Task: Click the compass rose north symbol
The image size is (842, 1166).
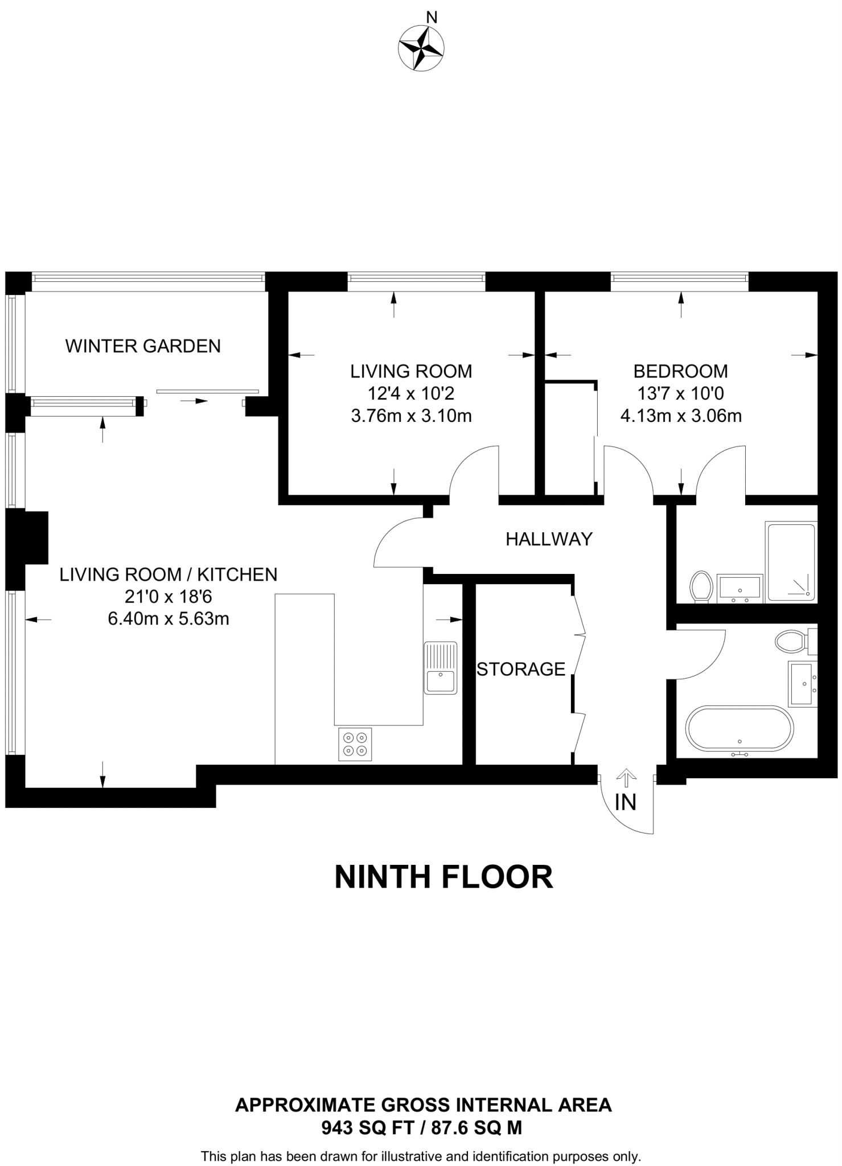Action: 421,48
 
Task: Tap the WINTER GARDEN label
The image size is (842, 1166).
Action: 143,346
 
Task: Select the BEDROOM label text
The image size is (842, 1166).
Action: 680,371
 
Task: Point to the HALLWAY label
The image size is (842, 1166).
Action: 549,539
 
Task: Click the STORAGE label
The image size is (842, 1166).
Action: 521,669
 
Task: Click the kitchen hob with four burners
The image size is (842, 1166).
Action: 355,744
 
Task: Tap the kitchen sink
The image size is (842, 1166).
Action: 440,668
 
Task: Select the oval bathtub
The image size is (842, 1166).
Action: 739,729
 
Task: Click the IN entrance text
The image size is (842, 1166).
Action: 625,802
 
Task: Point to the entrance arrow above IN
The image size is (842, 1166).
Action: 626,778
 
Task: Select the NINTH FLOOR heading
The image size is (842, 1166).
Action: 443,877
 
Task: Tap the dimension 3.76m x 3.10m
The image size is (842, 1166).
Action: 411,416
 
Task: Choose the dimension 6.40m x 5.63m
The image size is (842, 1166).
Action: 169,619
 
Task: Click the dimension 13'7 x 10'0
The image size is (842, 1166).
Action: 680,393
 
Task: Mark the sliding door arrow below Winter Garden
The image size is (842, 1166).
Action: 194,401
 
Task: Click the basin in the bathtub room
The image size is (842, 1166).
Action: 802,683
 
